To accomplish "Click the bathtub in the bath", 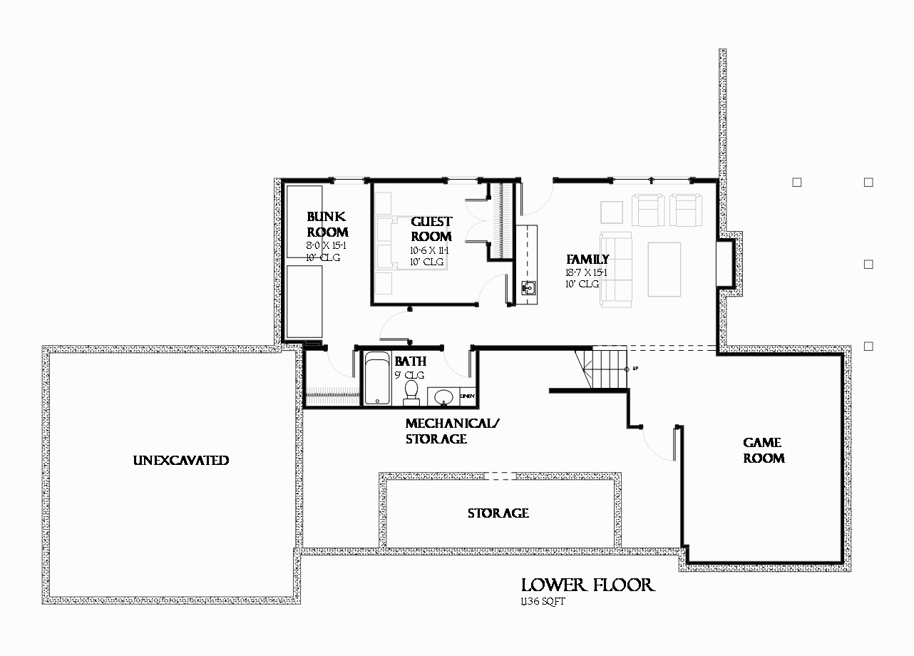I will point(377,379).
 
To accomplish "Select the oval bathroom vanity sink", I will point(443,396).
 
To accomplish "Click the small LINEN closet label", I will point(468,396).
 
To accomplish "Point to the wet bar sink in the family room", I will point(529,289).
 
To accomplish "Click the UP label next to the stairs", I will point(635,369).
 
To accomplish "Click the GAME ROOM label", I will point(764,451).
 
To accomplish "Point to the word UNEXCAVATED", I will point(180,461).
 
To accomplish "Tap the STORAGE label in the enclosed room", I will point(498,513).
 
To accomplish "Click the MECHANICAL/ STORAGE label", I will point(452,431).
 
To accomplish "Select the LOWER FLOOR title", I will point(587,585).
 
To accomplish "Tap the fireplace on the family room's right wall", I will point(726,263).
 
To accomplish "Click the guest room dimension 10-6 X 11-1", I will point(430,250).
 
